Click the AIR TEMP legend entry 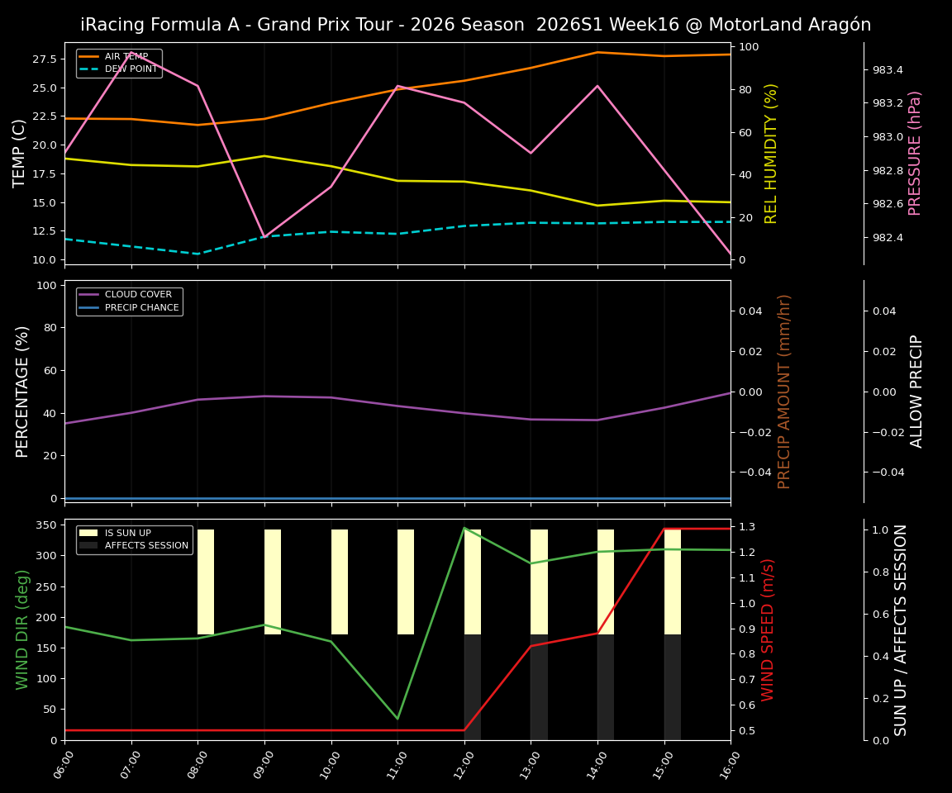pos(126,56)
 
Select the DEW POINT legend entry pos(131,69)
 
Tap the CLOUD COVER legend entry pos(138,294)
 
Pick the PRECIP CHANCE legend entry pos(141,307)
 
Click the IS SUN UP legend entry pos(127,533)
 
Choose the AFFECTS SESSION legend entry pos(146,545)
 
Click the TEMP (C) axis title pos(20,153)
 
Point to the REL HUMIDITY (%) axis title pos(771,153)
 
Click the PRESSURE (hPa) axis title pos(915,153)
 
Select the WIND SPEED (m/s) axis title pos(769,629)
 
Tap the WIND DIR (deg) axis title pos(22,629)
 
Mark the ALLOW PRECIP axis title pos(916,391)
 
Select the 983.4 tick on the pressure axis pos(888,70)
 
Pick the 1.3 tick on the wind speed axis pos(746,527)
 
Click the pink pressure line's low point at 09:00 pos(264,237)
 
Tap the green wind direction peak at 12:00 pos(464,528)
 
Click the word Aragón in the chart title pos(838,25)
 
